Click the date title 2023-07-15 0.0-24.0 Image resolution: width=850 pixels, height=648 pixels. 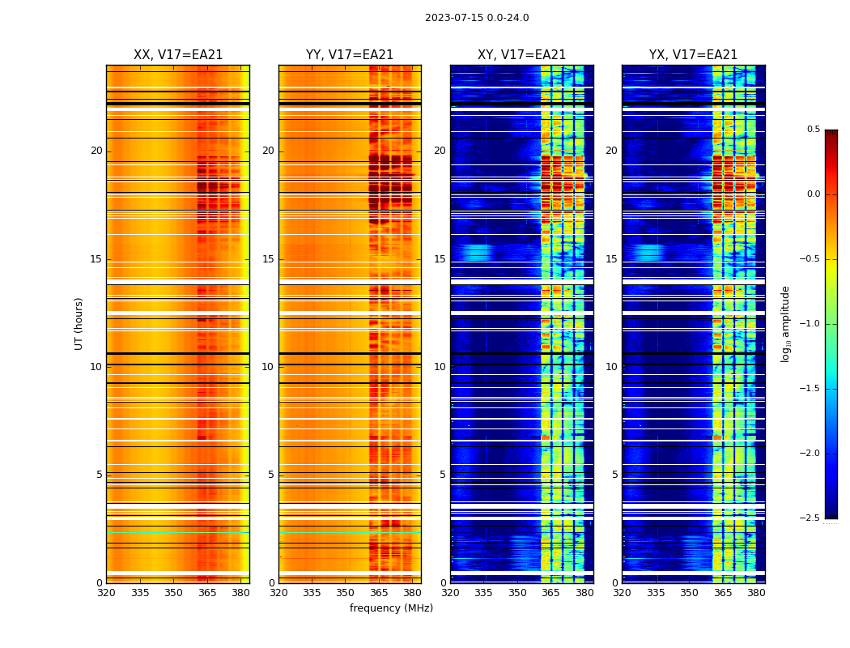pyautogui.click(x=477, y=18)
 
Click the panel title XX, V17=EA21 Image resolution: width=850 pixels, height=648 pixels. pyautogui.click(x=178, y=55)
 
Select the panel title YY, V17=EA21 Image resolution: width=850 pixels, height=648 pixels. pyautogui.click(x=350, y=55)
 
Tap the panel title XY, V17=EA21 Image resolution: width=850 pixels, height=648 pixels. pyautogui.click(x=522, y=55)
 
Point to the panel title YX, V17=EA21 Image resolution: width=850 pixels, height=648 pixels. pyautogui.click(x=694, y=55)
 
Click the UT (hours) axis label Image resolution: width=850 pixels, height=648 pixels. pyautogui.click(x=79, y=323)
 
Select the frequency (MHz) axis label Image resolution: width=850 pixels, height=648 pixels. pyautogui.click(x=391, y=608)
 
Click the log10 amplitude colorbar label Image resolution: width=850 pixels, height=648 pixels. pyautogui.click(x=785, y=323)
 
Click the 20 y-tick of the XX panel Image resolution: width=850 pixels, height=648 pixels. pyautogui.click(x=96, y=151)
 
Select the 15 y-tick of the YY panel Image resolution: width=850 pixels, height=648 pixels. pyautogui.click(x=268, y=259)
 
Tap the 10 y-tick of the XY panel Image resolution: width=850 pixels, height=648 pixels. pyautogui.click(x=440, y=367)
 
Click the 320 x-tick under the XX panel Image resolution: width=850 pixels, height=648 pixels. pyautogui.click(x=106, y=593)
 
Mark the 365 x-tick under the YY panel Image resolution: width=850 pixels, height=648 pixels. pyautogui.click(x=380, y=593)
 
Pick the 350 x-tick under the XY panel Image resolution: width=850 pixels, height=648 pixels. pyautogui.click(x=517, y=593)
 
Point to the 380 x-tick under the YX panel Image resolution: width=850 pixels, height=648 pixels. pyautogui.click(x=756, y=593)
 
